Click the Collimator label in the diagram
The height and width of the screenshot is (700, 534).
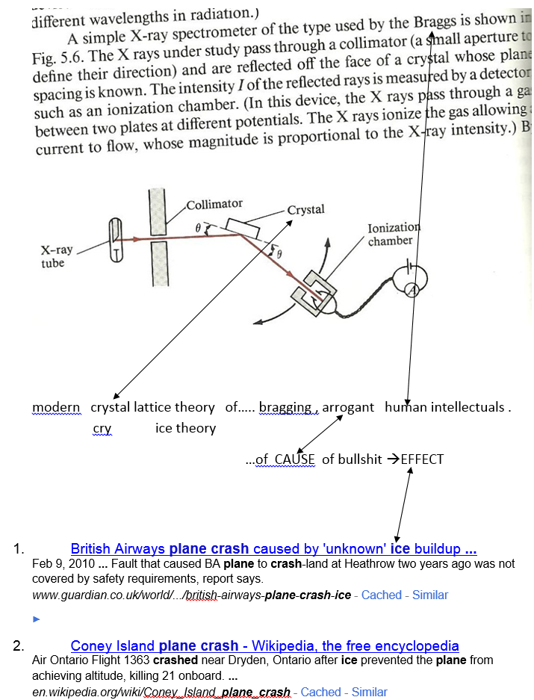coord(214,204)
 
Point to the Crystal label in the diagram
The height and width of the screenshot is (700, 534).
coord(305,210)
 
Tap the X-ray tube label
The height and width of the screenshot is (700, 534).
coord(57,256)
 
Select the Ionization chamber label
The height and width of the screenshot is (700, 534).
coord(394,234)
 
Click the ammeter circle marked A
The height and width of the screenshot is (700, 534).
coord(410,292)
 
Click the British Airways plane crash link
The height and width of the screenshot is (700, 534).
coord(273,549)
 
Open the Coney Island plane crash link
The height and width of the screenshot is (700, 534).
coord(264,645)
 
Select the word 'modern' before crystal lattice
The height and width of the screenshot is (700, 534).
coord(56,407)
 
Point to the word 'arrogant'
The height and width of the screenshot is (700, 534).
coord(348,407)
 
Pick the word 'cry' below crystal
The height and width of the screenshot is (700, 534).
coord(102,428)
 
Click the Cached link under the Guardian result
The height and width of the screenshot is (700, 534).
coord(381,595)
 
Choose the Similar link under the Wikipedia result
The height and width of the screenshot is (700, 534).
coord(369,692)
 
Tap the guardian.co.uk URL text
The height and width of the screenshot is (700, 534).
coord(191,595)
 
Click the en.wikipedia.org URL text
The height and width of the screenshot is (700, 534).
coord(161,692)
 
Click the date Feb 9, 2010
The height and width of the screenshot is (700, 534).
coord(63,564)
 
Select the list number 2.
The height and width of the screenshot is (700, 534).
coord(19,645)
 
